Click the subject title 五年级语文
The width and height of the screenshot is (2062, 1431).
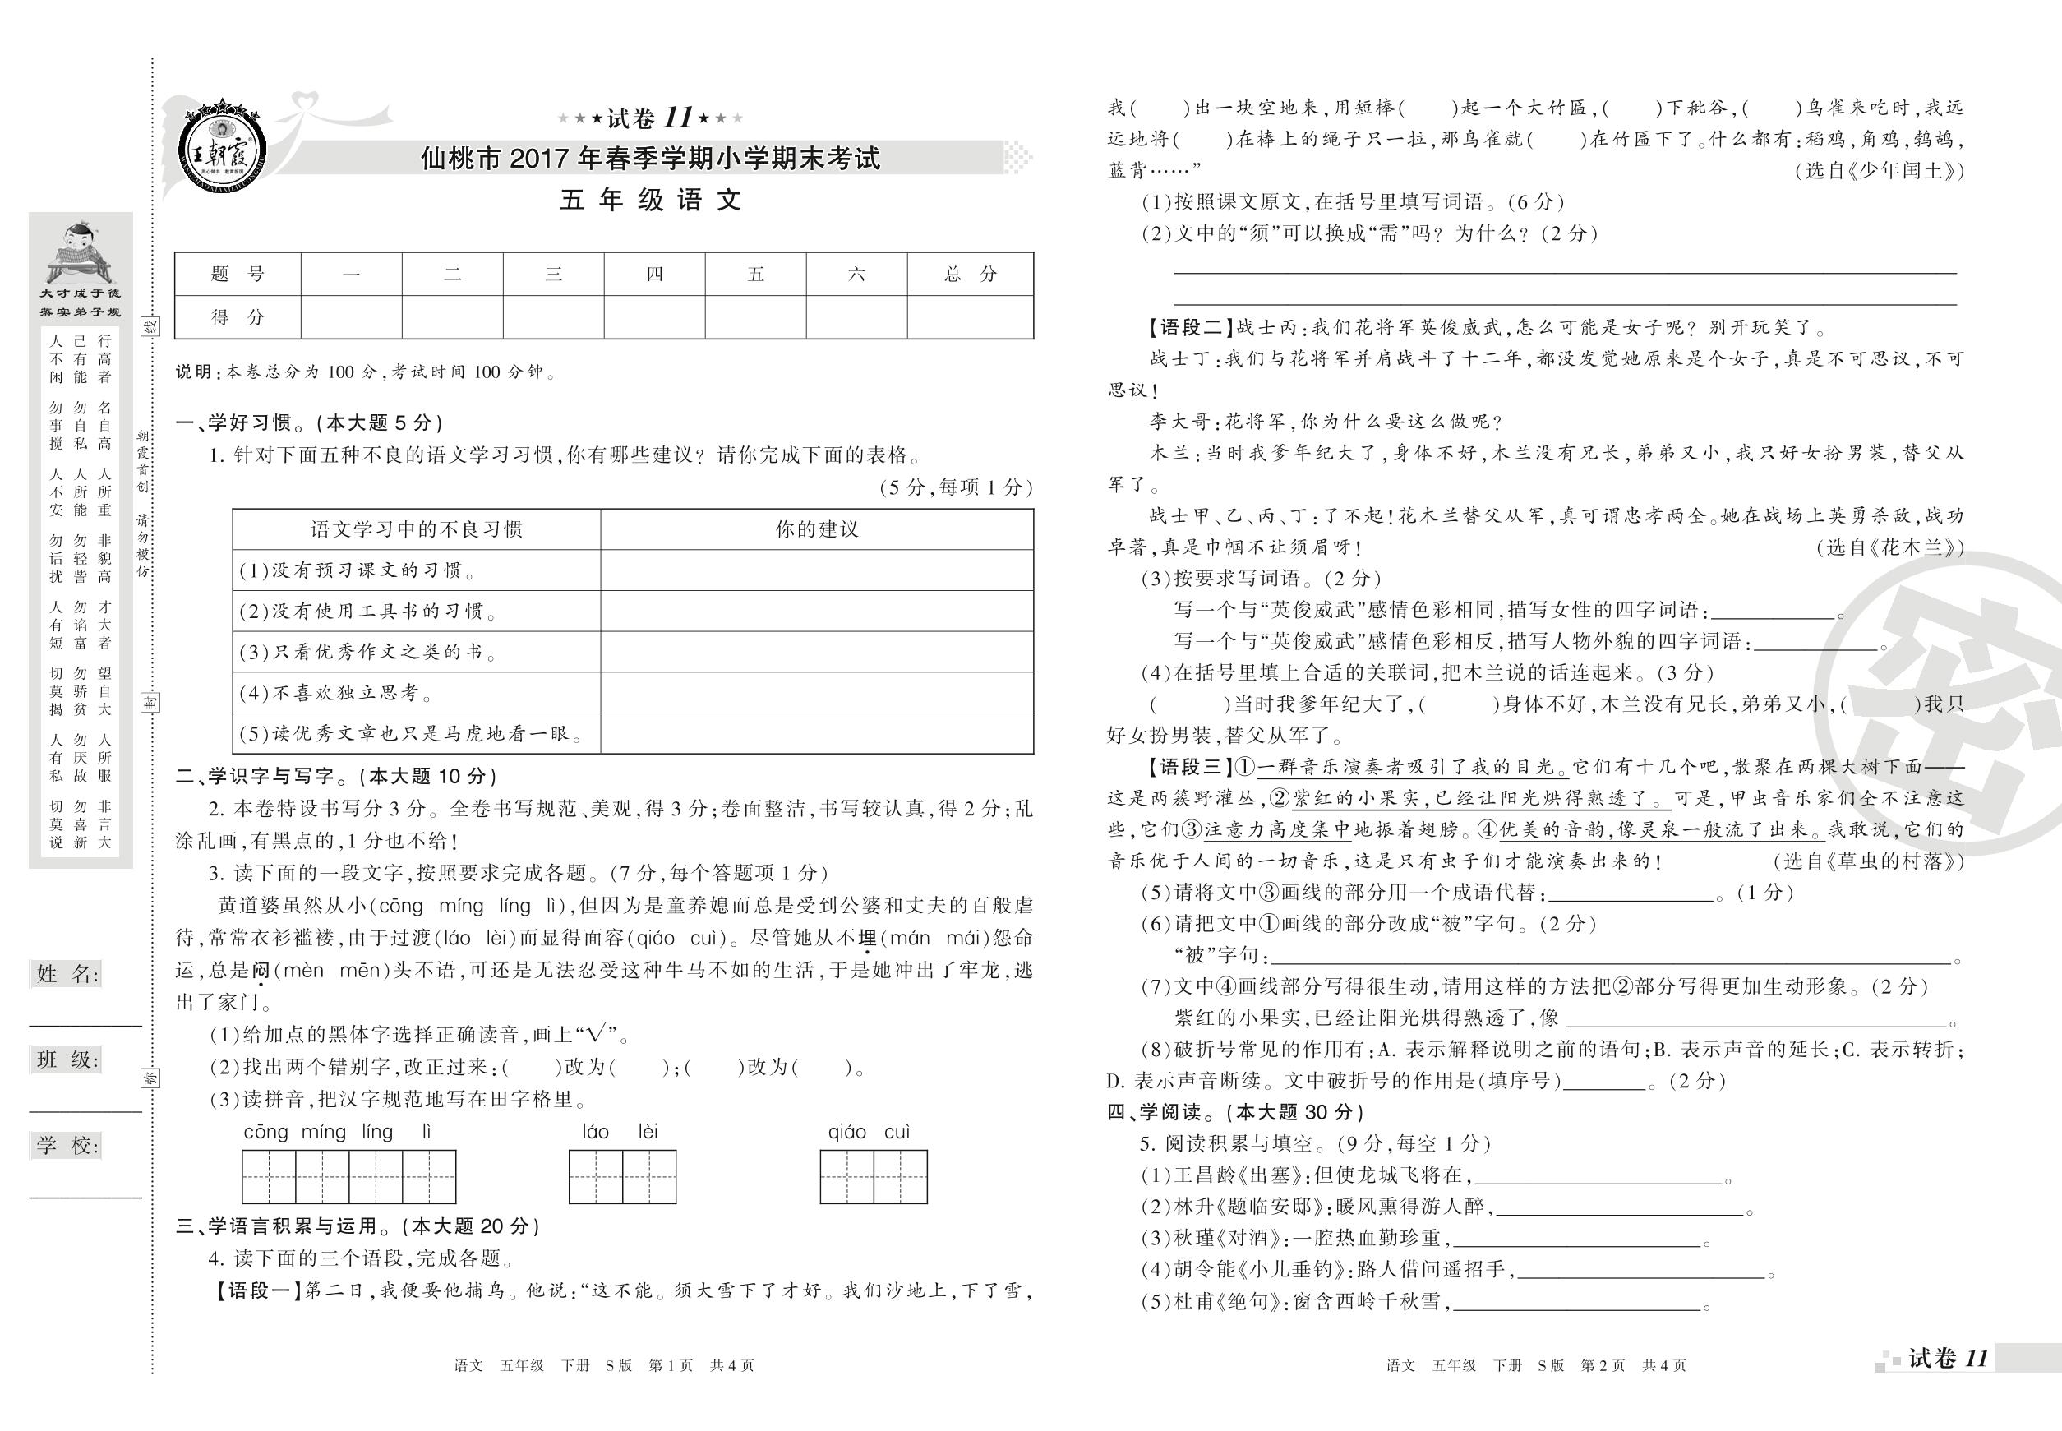tap(651, 200)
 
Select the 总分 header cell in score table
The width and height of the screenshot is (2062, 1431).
tap(970, 275)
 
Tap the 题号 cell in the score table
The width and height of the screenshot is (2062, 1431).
tap(238, 275)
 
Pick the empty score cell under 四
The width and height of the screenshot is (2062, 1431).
tap(654, 317)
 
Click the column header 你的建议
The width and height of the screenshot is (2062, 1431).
tap(817, 530)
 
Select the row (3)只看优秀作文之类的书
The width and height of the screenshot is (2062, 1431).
tap(416, 652)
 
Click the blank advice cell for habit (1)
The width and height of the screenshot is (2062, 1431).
tap(817, 570)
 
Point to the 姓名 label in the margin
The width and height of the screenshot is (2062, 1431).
tap(67, 975)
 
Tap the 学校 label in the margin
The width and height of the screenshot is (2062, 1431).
tap(67, 1145)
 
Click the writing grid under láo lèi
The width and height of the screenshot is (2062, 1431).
tap(622, 1176)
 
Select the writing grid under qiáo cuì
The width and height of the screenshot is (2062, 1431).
tap(874, 1176)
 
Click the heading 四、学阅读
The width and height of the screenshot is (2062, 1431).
tap(1235, 1113)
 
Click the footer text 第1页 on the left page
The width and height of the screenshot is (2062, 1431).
tap(670, 1365)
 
